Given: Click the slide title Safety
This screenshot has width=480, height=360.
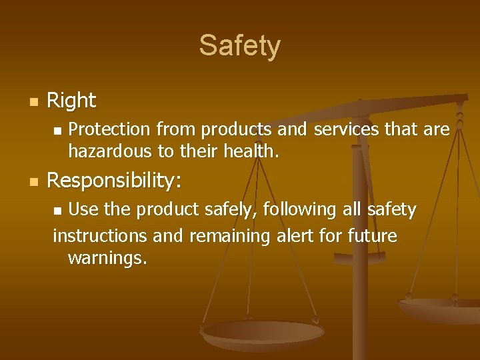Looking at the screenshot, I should tap(240, 46).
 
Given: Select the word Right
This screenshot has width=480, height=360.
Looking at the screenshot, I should tap(72, 101).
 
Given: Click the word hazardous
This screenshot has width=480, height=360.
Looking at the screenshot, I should tap(110, 151).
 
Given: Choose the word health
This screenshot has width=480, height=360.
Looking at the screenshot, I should tap(251, 151).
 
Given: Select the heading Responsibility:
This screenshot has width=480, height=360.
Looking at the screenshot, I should tap(115, 181).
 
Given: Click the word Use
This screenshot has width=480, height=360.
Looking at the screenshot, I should tap(83, 210).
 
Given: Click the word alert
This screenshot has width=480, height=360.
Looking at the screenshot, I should tap(294, 236).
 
